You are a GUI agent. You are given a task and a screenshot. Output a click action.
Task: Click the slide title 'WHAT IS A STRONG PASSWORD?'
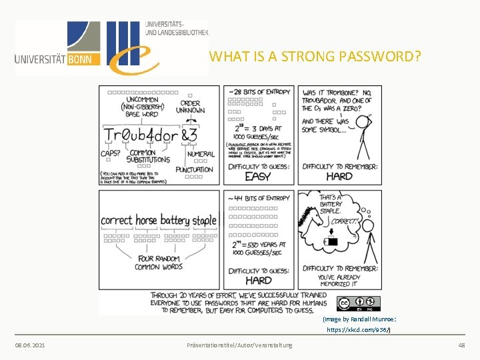[315, 56]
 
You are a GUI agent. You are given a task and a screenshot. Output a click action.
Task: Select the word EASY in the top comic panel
[258, 177]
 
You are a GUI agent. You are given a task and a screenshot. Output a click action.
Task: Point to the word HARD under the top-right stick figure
[339, 177]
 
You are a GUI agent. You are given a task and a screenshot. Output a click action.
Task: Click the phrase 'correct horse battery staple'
[159, 220]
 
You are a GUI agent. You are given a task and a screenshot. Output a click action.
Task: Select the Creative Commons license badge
[359, 303]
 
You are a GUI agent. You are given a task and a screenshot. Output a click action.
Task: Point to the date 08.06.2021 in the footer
[30, 345]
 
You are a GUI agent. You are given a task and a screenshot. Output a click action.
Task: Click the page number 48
[461, 345]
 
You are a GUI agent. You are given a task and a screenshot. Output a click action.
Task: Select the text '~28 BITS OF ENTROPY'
[259, 91]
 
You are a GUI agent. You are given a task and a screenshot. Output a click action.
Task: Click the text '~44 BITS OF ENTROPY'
[259, 198]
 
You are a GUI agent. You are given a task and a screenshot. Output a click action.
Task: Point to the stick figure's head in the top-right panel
[362, 123]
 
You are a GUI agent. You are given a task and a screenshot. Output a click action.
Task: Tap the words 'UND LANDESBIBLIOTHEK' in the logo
[177, 32]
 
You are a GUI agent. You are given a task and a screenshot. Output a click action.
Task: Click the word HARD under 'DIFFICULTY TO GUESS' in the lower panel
[259, 280]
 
